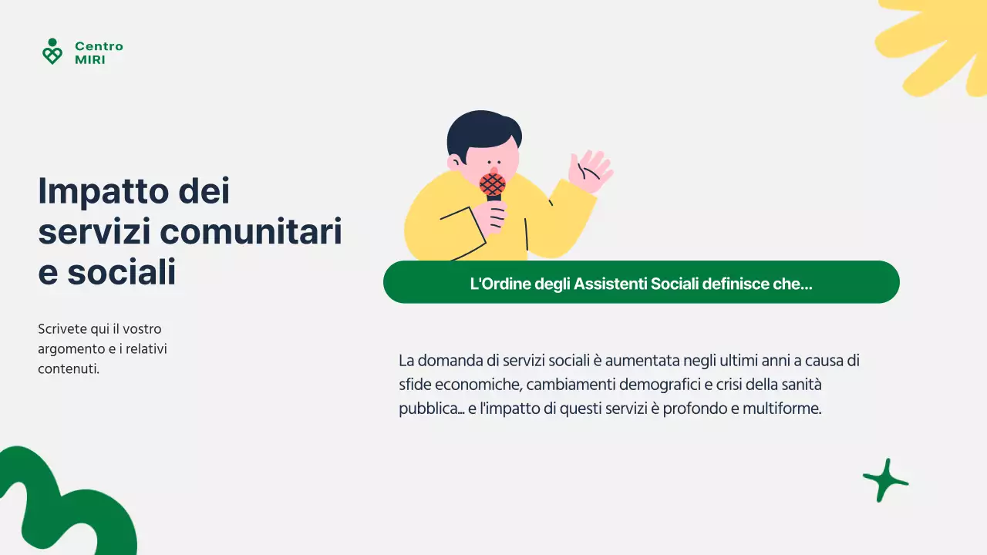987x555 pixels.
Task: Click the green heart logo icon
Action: [x=52, y=52]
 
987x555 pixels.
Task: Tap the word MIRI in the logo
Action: [x=90, y=59]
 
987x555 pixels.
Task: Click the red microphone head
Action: [x=493, y=184]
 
